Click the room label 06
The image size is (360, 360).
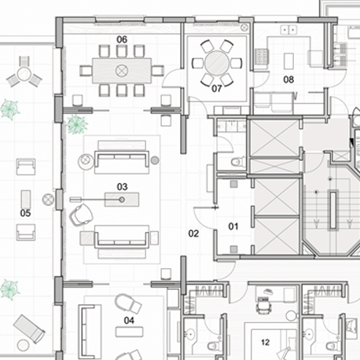click(122, 39)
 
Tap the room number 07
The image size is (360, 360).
click(217, 89)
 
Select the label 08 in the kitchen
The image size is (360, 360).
click(288, 79)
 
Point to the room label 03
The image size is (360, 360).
click(122, 187)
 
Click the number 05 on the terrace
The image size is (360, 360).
click(25, 213)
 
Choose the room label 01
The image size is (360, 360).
click(233, 226)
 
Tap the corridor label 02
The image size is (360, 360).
click(193, 233)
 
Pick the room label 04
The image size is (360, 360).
click(129, 320)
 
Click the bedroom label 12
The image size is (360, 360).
click(265, 342)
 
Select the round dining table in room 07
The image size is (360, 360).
click(217, 63)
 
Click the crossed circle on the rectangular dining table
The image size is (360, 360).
click(122, 71)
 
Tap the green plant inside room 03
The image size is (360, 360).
click(76, 124)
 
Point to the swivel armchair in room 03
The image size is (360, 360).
click(81, 215)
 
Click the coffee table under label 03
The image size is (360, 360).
click(122, 200)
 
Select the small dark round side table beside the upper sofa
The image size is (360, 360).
click(155, 160)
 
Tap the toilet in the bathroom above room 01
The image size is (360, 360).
click(238, 162)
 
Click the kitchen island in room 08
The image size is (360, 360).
click(288, 61)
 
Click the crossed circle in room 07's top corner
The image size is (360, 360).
click(244, 27)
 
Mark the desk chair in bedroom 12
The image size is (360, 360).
click(263, 305)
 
